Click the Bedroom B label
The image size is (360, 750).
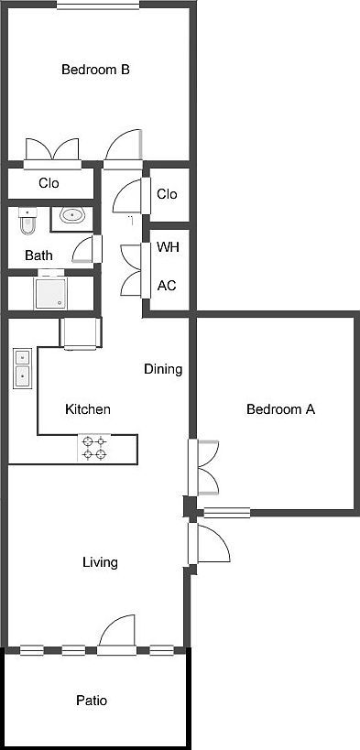(94, 69)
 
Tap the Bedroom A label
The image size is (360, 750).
(280, 409)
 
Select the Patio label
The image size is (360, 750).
(92, 701)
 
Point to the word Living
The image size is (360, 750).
(100, 562)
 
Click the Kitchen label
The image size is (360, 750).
(88, 409)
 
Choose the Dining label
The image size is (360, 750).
(163, 370)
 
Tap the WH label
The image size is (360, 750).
(168, 247)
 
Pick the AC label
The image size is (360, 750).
(167, 285)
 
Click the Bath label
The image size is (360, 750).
(38, 255)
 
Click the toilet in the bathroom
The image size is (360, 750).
(27, 222)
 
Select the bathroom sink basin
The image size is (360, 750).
(71, 216)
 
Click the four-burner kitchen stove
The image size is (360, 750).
(94, 448)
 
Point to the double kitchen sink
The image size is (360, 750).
(22, 370)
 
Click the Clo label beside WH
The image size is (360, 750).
(167, 194)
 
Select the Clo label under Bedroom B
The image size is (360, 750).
(49, 183)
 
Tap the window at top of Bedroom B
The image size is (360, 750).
(98, 5)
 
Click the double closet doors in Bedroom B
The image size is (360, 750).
(51, 152)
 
